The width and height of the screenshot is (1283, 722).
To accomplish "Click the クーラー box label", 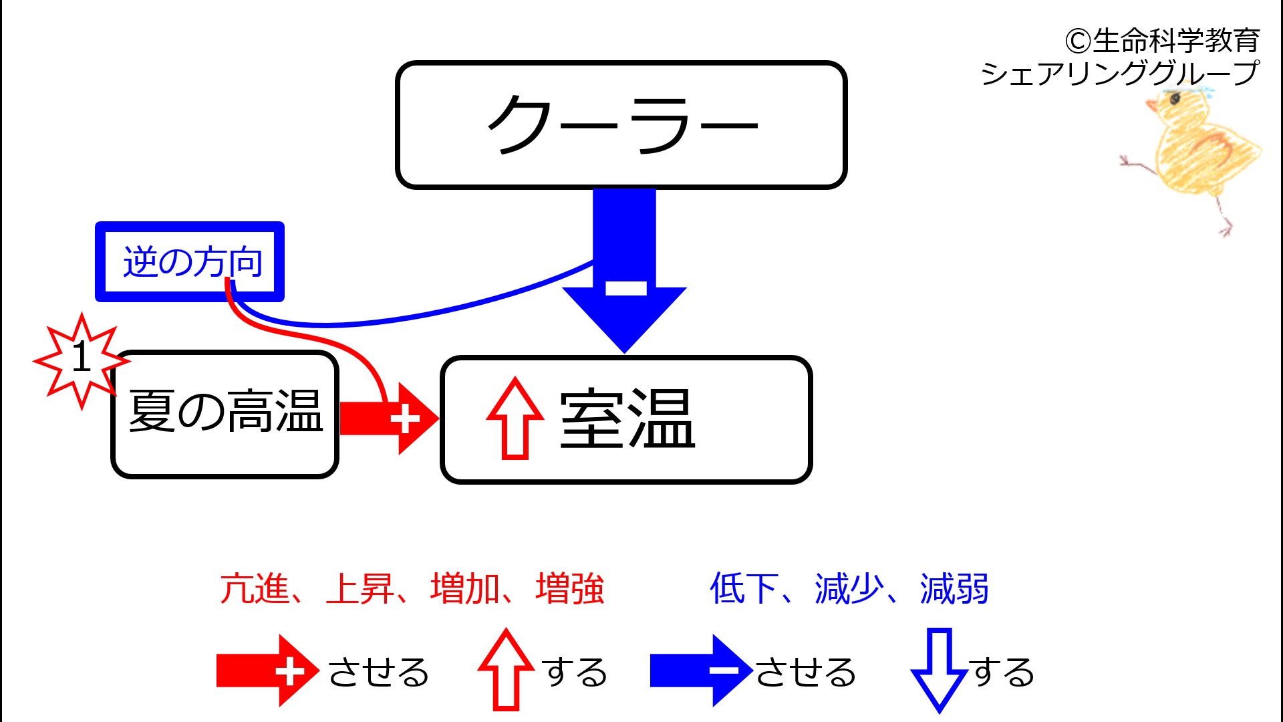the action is pos(623,124).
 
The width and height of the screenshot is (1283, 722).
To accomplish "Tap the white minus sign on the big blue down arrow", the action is pos(626,288).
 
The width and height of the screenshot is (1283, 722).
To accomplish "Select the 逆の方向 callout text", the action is pos(192,261).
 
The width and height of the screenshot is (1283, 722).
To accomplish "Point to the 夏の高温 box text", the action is pos(226,411).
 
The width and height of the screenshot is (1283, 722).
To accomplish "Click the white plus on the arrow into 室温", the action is pos(405,419).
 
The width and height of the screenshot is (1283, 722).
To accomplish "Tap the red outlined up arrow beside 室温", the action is pos(515,418).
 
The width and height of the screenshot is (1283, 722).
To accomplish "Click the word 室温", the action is pos(627,418).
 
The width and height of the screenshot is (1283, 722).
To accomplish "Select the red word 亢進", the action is pos(255,589).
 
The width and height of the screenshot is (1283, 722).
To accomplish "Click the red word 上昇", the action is pos(360,589).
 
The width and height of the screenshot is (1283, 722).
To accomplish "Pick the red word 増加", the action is pos(465,589).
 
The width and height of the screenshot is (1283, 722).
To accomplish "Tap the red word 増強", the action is pos(570,589).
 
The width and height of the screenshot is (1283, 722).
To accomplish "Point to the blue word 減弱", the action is pos(954,589).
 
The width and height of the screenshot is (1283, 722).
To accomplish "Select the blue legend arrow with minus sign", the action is pos(693,671).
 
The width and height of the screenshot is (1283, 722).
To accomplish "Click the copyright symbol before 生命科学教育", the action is pos(1079,41).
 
